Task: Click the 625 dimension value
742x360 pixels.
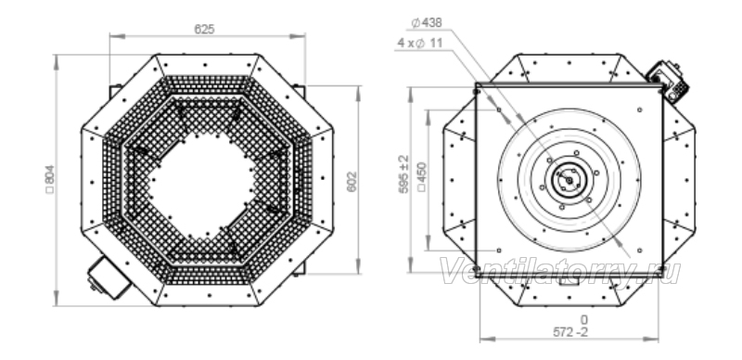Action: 204,30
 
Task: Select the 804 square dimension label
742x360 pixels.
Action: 50,179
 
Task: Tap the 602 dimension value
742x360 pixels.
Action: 352,182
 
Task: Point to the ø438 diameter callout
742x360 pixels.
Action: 427,22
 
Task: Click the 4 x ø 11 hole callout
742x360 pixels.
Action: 420,43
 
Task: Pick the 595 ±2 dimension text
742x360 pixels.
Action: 403,174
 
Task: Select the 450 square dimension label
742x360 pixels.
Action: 422,177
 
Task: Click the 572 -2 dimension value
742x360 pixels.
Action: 570,332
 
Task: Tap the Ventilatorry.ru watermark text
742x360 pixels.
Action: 561,272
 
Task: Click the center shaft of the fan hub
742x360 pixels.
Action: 569,181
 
